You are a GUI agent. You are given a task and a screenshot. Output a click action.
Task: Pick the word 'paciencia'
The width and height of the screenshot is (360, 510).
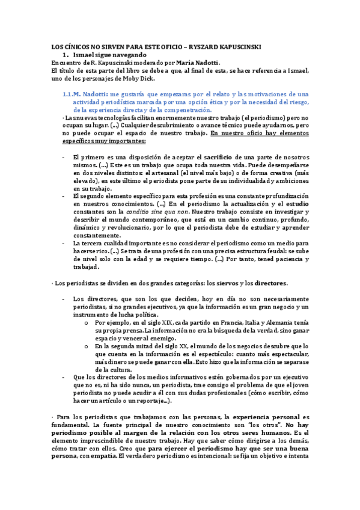point(282,259)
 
